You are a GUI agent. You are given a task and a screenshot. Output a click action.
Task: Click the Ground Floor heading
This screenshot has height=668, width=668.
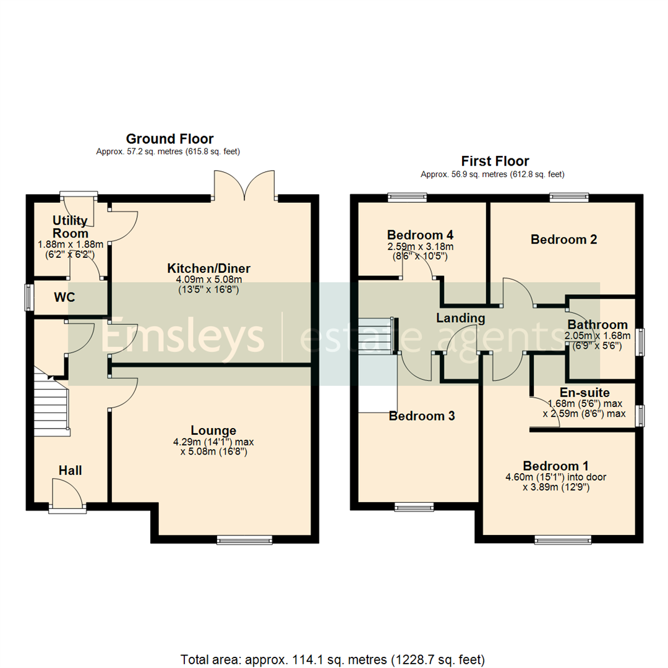[x=169, y=139]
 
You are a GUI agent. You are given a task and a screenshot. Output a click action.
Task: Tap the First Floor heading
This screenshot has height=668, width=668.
[x=495, y=161]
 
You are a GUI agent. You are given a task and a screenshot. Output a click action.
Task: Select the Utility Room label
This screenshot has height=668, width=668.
[x=70, y=227]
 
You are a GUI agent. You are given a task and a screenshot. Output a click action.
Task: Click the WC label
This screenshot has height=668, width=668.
[x=64, y=298]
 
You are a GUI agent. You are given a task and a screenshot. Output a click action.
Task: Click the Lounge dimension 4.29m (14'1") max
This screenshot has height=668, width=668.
[x=213, y=442]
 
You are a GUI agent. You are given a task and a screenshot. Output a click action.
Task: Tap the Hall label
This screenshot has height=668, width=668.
[x=70, y=471]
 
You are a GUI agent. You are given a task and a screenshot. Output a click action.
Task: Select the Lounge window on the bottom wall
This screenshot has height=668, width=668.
[x=244, y=540]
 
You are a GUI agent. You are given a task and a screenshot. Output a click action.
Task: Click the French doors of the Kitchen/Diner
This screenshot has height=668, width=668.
[x=246, y=186]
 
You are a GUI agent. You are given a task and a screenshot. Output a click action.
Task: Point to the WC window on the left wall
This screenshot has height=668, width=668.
[x=28, y=297]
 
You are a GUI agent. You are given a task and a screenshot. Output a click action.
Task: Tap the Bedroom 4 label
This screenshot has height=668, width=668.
[x=421, y=235]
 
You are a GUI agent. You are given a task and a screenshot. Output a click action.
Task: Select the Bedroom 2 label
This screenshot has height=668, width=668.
[x=563, y=239]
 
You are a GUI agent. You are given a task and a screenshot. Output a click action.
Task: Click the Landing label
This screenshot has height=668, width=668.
[x=460, y=318]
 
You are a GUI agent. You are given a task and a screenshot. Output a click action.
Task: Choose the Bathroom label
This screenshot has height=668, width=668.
[x=597, y=325]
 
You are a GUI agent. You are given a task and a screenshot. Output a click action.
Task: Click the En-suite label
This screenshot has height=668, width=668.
[x=584, y=392]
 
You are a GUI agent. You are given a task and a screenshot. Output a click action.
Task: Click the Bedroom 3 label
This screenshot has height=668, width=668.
[x=422, y=416]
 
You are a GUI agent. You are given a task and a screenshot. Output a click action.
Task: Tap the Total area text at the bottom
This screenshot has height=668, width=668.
[x=333, y=658]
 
